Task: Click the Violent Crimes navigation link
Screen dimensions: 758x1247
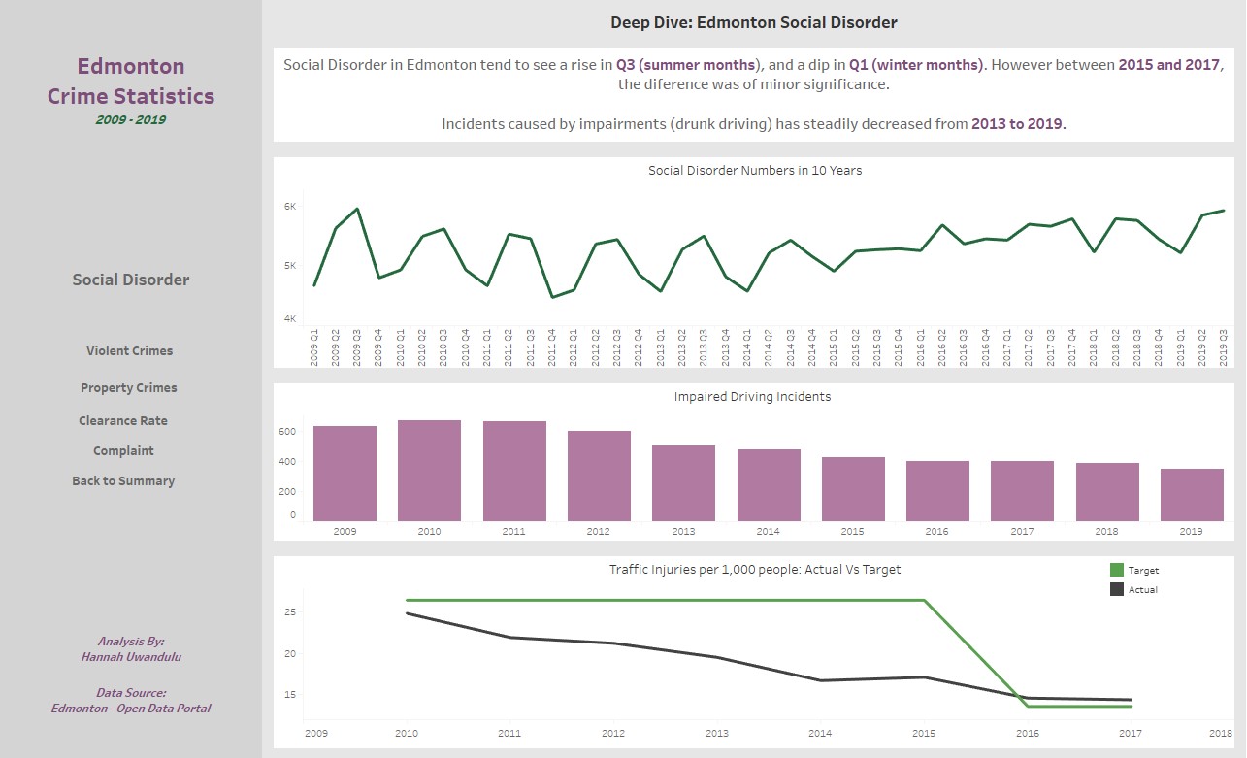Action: (x=129, y=351)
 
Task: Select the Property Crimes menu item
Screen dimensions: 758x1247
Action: (x=129, y=388)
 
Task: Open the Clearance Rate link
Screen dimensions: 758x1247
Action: (x=123, y=421)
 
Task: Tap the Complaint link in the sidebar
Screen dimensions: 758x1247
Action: (x=123, y=451)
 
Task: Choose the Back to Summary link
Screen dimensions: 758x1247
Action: (x=123, y=481)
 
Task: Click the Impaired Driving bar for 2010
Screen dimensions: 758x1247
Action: (x=429, y=471)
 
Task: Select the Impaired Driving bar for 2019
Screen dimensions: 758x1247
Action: (x=1193, y=495)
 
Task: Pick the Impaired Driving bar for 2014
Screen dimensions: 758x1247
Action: (x=769, y=485)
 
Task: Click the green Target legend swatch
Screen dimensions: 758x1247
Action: (x=1117, y=571)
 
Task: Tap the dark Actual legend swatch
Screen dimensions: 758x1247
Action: (x=1117, y=589)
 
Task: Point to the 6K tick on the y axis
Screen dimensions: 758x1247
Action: (x=289, y=207)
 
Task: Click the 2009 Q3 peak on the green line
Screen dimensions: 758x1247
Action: (x=357, y=209)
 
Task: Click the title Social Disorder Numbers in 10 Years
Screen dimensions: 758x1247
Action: (x=755, y=171)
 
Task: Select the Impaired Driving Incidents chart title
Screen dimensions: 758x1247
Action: (x=752, y=397)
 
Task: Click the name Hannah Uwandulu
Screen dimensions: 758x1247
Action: (x=131, y=657)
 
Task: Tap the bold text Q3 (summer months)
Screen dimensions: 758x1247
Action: (x=686, y=65)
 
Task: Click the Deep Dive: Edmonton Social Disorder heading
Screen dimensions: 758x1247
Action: (x=754, y=22)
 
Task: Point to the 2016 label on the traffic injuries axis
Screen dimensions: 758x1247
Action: (x=1028, y=733)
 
